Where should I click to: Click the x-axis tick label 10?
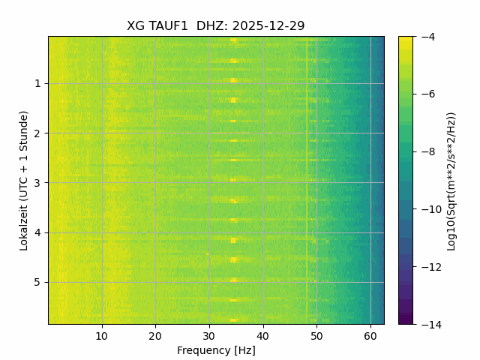coord(102,335)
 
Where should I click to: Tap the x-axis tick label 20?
coord(155,335)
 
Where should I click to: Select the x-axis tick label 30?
coord(209,335)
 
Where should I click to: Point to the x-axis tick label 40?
coord(262,335)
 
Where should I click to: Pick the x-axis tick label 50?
coord(316,335)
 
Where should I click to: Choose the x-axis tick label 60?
coord(370,335)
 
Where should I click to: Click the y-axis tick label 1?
coord(37,84)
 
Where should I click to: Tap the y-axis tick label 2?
coord(37,133)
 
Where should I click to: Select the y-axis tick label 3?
coord(37,183)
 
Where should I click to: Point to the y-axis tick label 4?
coord(37,232)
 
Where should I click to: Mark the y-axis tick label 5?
coord(37,282)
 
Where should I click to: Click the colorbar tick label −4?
coord(425,37)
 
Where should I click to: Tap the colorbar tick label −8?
coord(425,151)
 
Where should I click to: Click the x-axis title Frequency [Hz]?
coord(216,350)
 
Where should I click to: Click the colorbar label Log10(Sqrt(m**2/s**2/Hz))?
coord(451,180)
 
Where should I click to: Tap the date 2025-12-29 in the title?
coord(268,26)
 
